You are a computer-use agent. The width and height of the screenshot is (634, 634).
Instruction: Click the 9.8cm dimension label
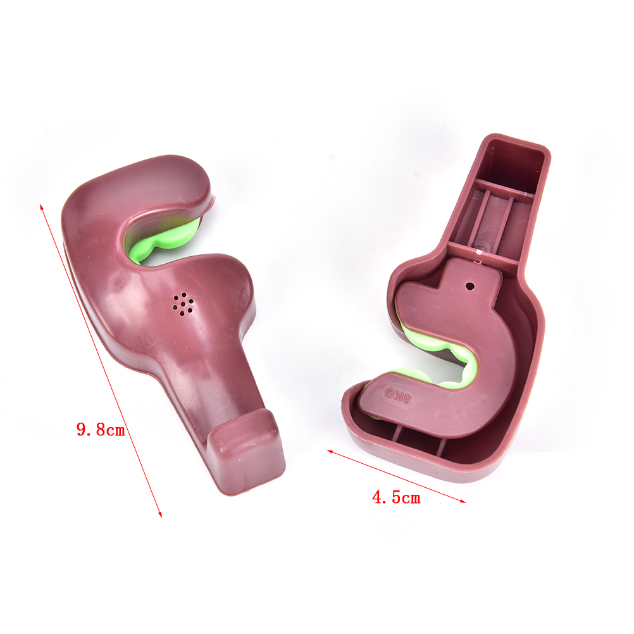click(x=101, y=429)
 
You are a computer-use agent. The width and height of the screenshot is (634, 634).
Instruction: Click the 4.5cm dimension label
click(x=396, y=497)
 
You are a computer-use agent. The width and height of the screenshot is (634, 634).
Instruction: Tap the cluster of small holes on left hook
click(x=183, y=304)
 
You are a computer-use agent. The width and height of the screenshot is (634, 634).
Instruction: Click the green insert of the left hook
click(x=162, y=242)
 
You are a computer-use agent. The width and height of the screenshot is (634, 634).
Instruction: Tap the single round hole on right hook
click(x=470, y=286)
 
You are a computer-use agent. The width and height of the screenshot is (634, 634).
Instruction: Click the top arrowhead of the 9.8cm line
click(x=41, y=208)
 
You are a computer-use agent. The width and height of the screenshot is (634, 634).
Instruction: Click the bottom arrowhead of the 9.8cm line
click(x=159, y=514)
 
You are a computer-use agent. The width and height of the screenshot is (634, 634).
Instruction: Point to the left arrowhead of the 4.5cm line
click(x=330, y=451)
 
